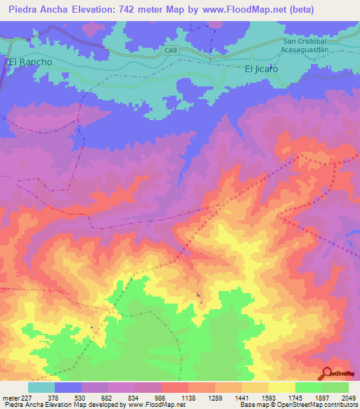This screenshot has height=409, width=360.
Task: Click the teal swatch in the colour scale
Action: pyautogui.click(x=41, y=387)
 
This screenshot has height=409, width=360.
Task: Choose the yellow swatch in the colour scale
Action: pyautogui.click(x=281, y=387)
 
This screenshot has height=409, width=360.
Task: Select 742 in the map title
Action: pyautogui.click(x=153, y=10)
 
